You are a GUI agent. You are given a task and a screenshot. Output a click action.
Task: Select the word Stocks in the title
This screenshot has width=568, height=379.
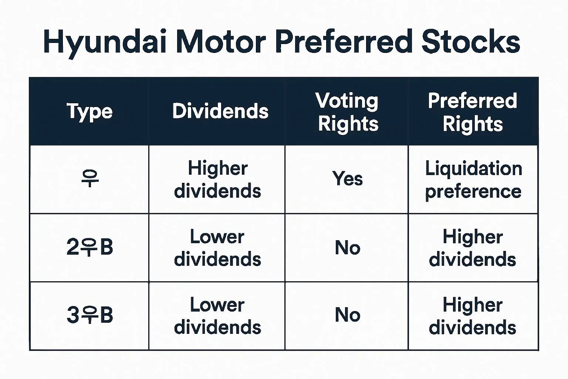coord(471,41)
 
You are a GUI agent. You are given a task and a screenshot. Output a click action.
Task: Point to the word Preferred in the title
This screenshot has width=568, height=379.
coord(344,41)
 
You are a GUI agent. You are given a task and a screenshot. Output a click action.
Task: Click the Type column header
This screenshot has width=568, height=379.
coord(89,112)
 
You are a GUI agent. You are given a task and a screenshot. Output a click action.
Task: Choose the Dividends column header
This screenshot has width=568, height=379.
coord(220,111)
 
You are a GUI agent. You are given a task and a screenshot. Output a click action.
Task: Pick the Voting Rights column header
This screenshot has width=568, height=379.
coord(347,112)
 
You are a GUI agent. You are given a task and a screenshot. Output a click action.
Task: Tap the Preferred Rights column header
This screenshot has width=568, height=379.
coord(473,112)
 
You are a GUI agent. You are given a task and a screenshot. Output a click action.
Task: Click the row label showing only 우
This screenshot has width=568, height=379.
coord(90,179)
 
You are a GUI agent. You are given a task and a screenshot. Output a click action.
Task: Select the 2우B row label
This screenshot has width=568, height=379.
coord(89,247)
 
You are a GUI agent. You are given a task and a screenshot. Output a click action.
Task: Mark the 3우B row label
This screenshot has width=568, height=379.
coord(89,315)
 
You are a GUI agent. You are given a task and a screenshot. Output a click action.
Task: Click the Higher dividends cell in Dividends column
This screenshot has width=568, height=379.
coord(217,180)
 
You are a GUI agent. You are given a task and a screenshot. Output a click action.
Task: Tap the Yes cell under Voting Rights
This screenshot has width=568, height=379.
coord(347,178)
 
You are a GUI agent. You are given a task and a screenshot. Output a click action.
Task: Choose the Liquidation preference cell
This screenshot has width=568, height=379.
coord(473,180)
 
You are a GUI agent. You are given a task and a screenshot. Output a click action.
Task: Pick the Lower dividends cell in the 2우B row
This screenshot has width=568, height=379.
coord(217,248)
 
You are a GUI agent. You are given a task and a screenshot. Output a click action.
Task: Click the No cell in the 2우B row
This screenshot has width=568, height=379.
coord(347,248)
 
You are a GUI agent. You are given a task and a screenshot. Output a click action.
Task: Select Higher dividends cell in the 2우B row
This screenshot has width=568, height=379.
coord(473,248)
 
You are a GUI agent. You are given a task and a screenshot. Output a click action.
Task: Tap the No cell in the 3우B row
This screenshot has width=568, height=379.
coord(347,315)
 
